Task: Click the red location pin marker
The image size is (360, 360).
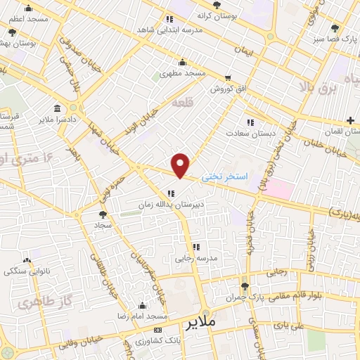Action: (181, 165)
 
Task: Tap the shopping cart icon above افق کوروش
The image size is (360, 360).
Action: (228, 78)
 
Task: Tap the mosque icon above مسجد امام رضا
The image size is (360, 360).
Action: (144, 304)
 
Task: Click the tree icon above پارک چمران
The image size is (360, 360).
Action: (245, 285)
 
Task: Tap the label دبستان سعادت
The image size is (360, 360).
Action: (246, 131)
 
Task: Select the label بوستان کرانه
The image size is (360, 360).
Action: (214, 15)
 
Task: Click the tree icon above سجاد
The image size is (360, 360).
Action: (103, 214)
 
